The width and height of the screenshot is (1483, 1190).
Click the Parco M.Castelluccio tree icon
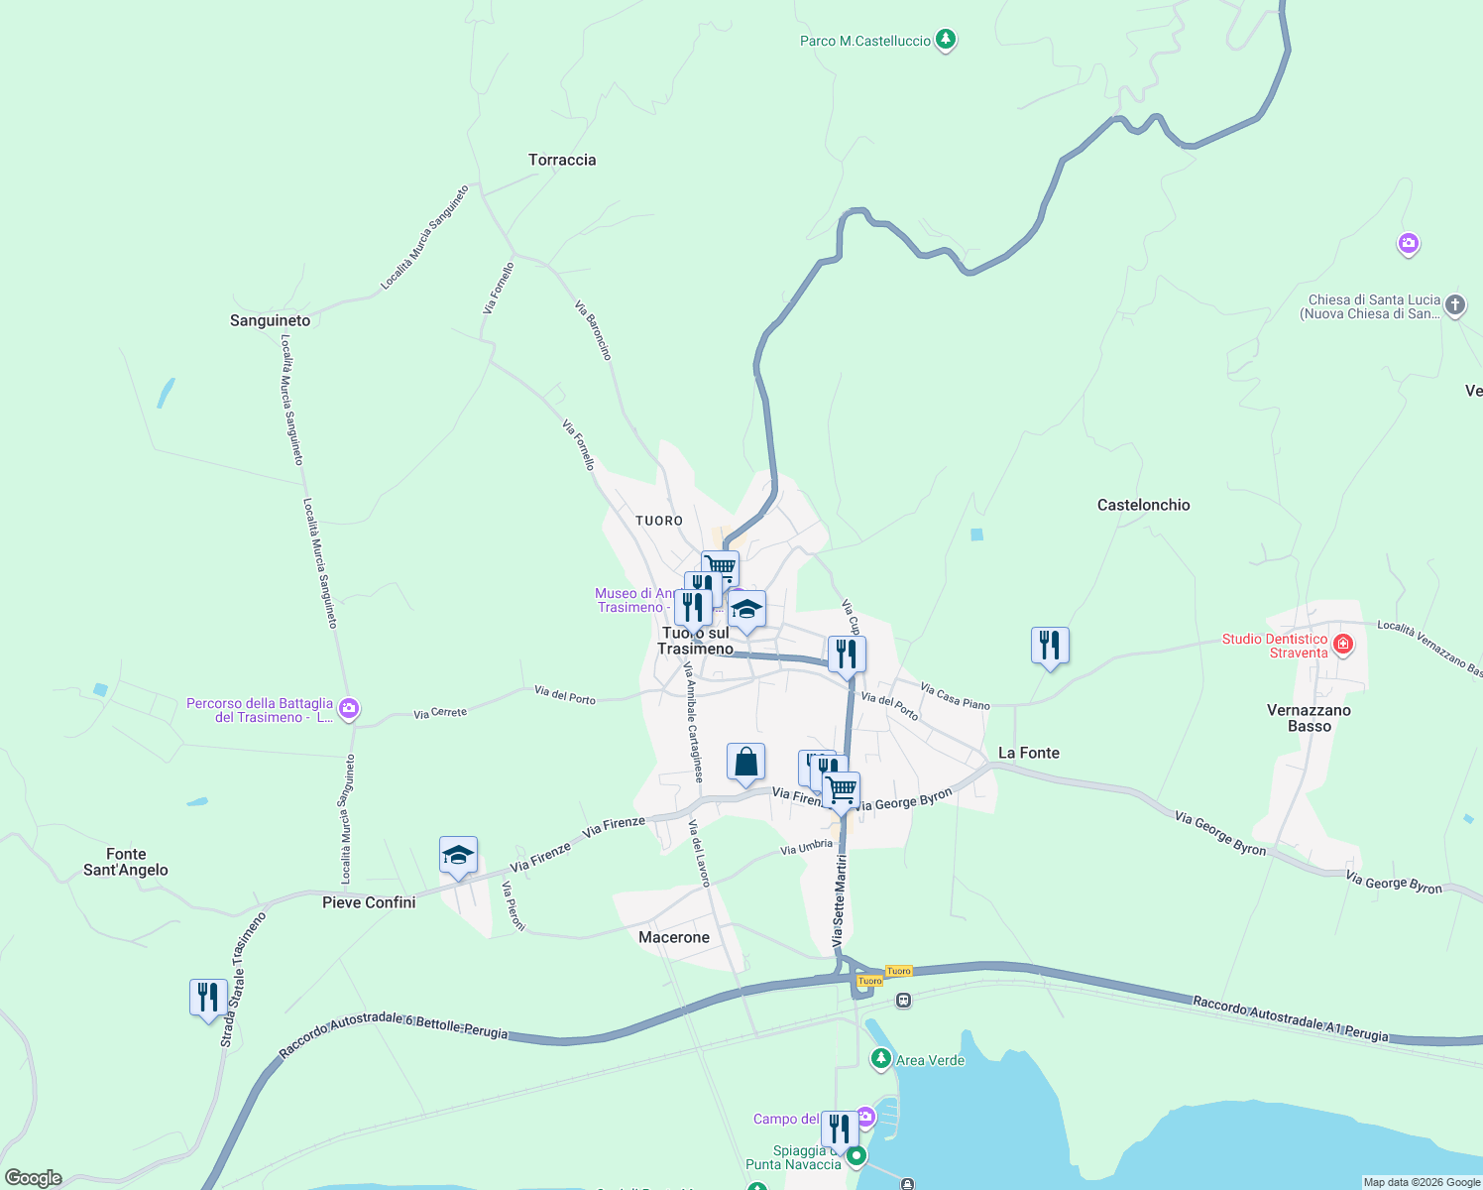tap(946, 40)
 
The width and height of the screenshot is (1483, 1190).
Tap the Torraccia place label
tap(562, 160)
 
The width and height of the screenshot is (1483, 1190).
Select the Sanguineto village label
tap(270, 320)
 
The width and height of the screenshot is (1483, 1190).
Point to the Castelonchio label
tap(1143, 505)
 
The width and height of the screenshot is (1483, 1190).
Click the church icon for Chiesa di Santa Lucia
tap(1454, 305)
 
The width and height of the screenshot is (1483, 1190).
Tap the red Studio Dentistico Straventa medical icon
tap(1343, 645)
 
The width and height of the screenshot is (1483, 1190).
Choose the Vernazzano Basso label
tap(1309, 718)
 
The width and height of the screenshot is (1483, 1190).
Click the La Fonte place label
tap(1028, 753)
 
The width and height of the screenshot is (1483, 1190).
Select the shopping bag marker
tap(745, 763)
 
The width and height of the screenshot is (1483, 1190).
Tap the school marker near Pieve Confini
tap(458, 856)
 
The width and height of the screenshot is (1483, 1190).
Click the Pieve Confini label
tap(369, 902)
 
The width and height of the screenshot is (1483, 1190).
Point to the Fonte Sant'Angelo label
tap(126, 862)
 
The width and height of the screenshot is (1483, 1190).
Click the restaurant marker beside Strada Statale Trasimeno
tap(208, 997)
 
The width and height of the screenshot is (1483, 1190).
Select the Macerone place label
tap(674, 937)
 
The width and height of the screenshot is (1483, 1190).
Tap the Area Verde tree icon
tap(880, 1059)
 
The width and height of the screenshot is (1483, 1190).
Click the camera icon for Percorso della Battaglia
tap(348, 708)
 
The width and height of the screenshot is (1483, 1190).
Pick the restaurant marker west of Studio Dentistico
tap(1050, 646)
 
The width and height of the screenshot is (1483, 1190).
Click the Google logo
tap(34, 1178)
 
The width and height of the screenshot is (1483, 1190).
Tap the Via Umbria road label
tap(806, 847)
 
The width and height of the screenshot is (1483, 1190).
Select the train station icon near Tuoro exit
tap(903, 1001)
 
